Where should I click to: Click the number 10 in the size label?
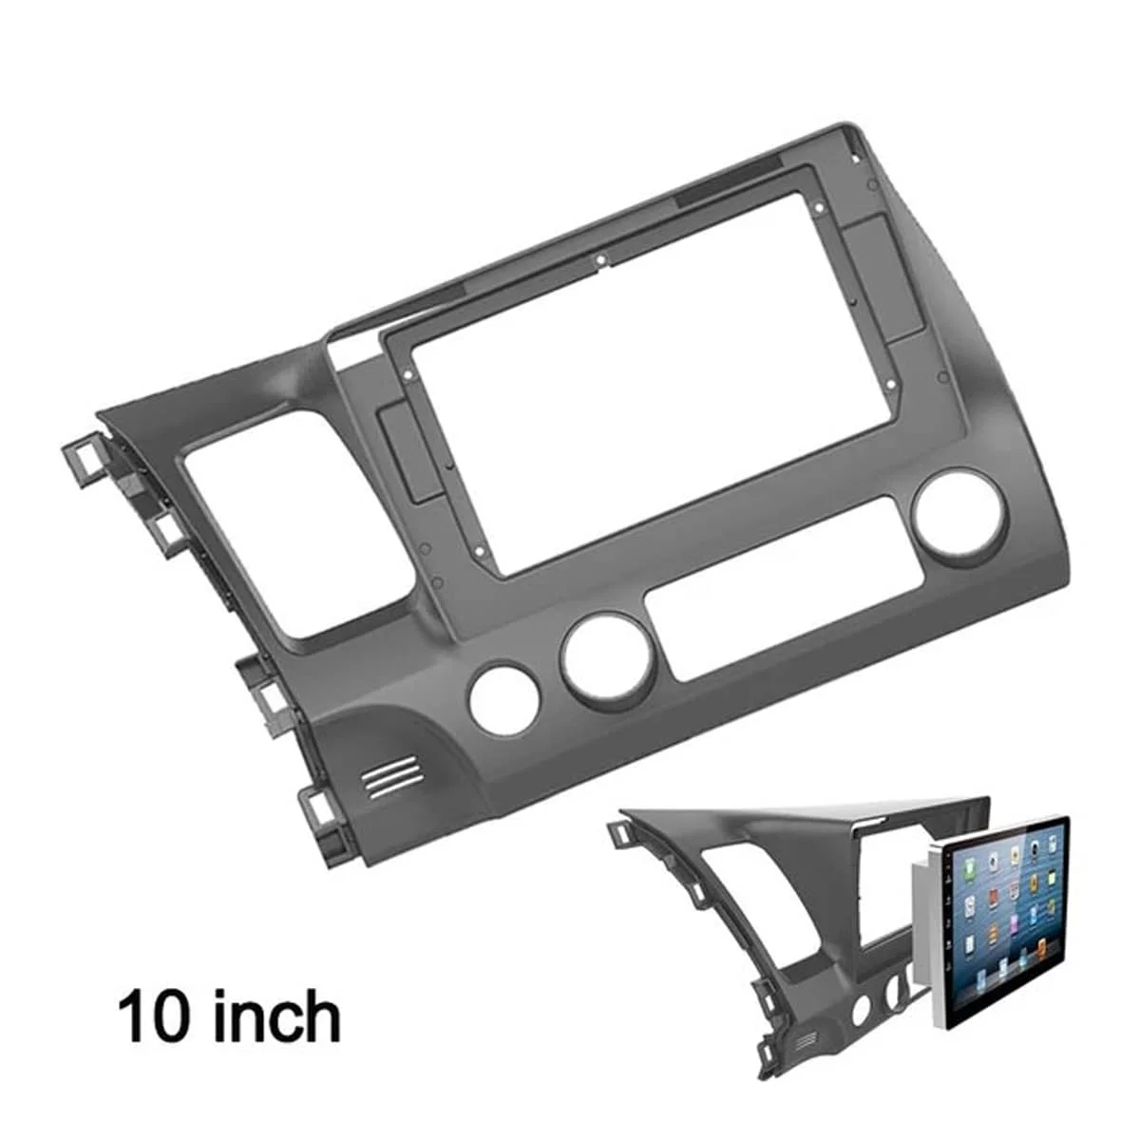coord(152,1015)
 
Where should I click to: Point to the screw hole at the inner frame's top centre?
coord(599,257)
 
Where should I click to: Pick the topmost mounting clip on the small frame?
coord(618,830)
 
